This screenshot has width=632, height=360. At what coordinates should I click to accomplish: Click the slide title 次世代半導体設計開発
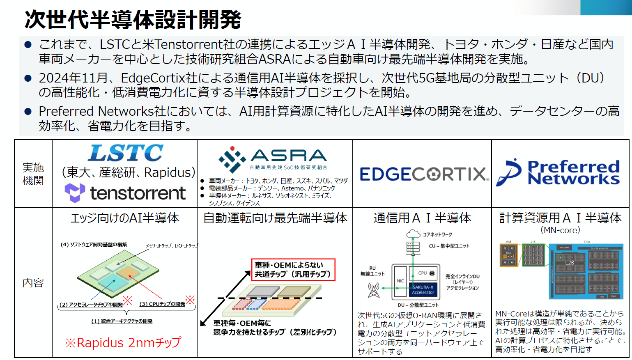[x=133, y=19]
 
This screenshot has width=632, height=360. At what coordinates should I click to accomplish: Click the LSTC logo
[x=126, y=153]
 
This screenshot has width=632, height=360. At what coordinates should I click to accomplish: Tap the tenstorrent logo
[x=125, y=193]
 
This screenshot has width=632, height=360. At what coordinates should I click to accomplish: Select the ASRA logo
[x=273, y=159]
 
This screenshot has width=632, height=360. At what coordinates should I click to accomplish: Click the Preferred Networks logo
[x=558, y=173]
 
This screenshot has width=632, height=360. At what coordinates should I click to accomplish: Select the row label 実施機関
[x=33, y=174]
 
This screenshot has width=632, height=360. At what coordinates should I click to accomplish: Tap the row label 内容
[x=33, y=282]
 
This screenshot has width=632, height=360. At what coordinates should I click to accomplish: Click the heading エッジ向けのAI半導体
[x=125, y=218]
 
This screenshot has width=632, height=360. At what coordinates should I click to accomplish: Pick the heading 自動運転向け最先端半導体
[x=275, y=218]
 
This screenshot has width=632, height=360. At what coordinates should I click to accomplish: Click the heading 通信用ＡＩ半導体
[x=422, y=218]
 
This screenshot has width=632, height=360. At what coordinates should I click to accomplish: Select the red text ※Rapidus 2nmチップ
[x=123, y=343]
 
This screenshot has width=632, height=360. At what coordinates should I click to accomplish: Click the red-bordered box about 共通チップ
[x=293, y=270]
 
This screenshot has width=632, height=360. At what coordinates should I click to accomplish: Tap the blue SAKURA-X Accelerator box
[x=423, y=290]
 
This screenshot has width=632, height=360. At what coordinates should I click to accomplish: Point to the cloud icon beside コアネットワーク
[x=413, y=234]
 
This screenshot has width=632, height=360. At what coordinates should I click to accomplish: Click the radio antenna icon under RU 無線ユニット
[x=373, y=290]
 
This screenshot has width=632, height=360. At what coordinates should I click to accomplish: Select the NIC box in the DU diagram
[x=400, y=281]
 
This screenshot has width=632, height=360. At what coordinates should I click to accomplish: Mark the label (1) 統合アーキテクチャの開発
[x=122, y=321]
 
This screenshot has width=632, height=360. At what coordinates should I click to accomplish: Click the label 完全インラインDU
[x=462, y=276]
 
